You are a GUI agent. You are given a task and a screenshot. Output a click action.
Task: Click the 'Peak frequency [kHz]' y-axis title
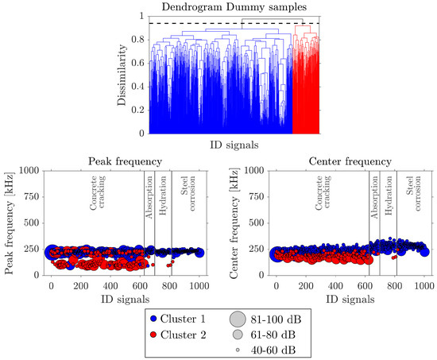[10, 223]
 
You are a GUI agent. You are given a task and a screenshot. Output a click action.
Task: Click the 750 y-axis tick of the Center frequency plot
[255, 196]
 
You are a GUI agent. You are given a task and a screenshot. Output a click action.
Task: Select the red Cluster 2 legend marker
[152, 335]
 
